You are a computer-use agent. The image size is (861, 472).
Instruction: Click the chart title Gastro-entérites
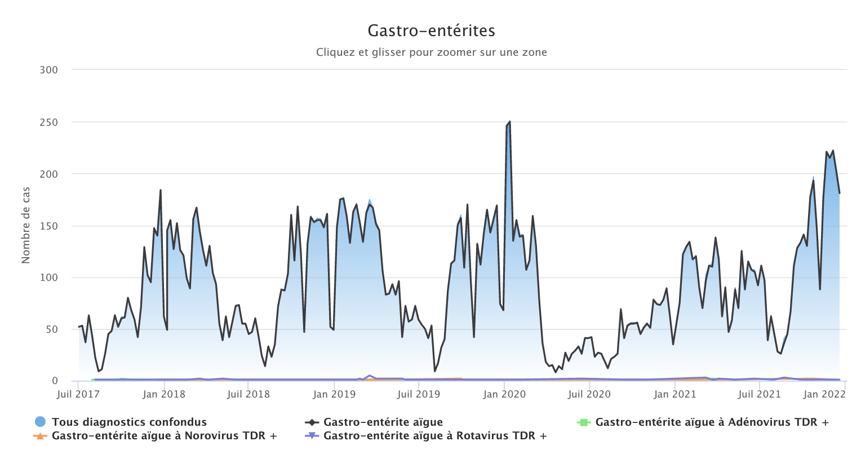tap(431, 30)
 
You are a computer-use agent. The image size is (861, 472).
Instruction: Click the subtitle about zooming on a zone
tap(431, 52)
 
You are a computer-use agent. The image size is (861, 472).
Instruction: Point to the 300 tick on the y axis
tap(49, 70)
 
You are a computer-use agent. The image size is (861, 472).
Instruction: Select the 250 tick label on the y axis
tap(49, 122)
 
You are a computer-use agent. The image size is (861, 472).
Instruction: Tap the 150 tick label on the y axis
tap(49, 226)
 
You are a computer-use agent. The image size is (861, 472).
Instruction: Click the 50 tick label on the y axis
tap(51, 329)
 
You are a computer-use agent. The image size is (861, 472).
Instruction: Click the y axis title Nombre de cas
tap(26, 226)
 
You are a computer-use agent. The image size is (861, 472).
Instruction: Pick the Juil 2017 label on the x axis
tap(78, 394)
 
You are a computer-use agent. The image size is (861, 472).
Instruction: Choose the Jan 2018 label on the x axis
tap(164, 394)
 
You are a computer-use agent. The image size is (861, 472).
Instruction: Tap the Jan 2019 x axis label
tap(334, 394)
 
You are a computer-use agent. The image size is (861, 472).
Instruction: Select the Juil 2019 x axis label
tap(419, 394)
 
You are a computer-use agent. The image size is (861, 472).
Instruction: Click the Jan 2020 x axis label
tap(504, 394)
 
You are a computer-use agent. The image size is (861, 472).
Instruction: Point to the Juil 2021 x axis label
tap(760, 394)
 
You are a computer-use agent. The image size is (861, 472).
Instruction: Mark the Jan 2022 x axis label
tap(824, 394)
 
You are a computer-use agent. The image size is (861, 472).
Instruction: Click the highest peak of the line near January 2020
tap(509, 122)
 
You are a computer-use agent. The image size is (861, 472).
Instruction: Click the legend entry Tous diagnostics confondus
tap(129, 422)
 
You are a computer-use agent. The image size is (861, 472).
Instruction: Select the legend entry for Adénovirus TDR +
tap(712, 422)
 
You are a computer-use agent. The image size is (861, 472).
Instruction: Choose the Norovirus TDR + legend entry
tap(164, 435)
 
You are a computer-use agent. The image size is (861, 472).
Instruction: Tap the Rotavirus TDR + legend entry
tap(435, 435)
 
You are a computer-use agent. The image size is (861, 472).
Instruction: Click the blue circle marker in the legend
tap(40, 422)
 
